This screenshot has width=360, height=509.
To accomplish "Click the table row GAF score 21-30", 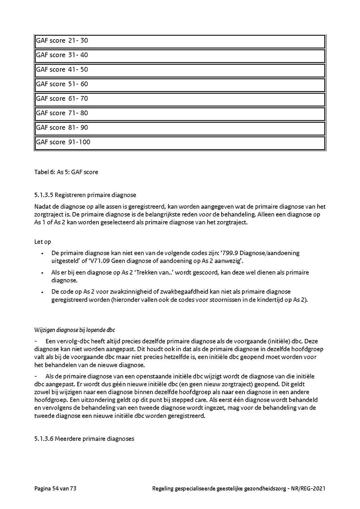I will point(180,41).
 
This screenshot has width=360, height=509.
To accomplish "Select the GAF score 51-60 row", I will point(180,84).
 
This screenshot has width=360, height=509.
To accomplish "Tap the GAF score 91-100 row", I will point(180,142).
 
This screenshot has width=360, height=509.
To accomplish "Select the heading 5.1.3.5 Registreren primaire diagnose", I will point(85,195).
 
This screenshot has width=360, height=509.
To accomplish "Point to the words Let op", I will point(43,242).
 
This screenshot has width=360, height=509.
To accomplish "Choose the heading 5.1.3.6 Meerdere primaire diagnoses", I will point(84,439).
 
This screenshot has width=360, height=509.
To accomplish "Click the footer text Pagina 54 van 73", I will point(55,488).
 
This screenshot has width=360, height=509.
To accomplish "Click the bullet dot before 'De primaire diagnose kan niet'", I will point(42,253).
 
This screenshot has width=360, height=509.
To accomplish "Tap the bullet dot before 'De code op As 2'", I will point(42,292).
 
